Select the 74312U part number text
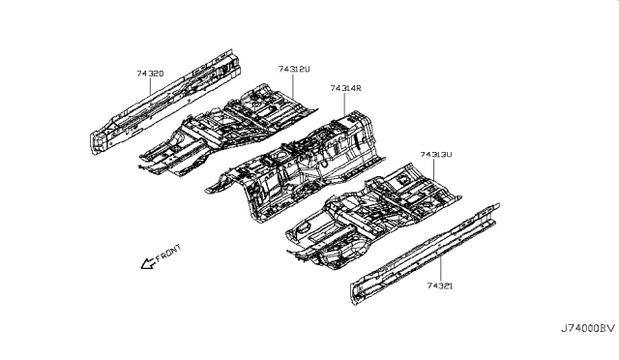[293, 70]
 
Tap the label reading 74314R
[344, 88]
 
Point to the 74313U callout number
[436, 155]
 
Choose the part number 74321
[439, 286]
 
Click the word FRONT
[167, 255]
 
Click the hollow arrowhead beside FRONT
[146, 263]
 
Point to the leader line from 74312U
[295, 87]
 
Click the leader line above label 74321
[441, 270]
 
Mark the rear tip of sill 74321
[497, 206]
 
